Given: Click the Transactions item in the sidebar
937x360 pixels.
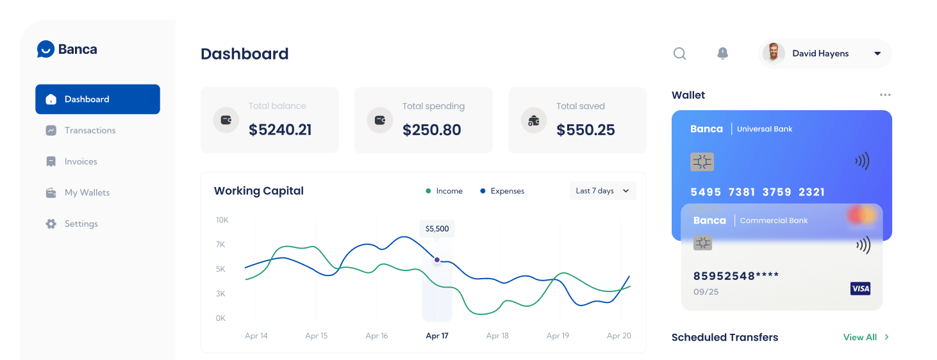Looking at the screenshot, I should click(90, 131).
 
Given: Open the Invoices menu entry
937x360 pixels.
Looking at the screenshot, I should click(81, 162).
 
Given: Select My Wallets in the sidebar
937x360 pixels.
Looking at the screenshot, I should click(87, 193).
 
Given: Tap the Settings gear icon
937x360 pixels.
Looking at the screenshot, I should click(51, 224).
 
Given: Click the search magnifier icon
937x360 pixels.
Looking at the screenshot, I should click(679, 54).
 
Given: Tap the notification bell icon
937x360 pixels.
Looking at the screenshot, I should click(722, 54).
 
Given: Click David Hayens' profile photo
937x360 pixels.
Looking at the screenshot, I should click(774, 54).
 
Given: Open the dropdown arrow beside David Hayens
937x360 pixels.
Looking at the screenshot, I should click(877, 54).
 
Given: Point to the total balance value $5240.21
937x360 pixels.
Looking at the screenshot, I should click(280, 130).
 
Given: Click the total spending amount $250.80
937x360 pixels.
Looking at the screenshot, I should click(432, 130).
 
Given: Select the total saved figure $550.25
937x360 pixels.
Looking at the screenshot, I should click(586, 130).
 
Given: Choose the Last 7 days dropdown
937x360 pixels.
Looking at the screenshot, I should click(602, 191).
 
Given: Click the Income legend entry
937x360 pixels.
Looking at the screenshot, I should click(444, 191).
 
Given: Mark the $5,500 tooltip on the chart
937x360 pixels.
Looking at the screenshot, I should click(437, 229).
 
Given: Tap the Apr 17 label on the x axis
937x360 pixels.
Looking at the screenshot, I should click(437, 336).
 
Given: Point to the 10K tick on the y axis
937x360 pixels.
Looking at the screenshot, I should click(222, 220).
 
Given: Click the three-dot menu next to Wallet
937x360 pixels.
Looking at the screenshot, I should click(885, 95).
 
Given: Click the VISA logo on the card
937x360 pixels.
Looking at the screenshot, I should click(860, 289).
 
